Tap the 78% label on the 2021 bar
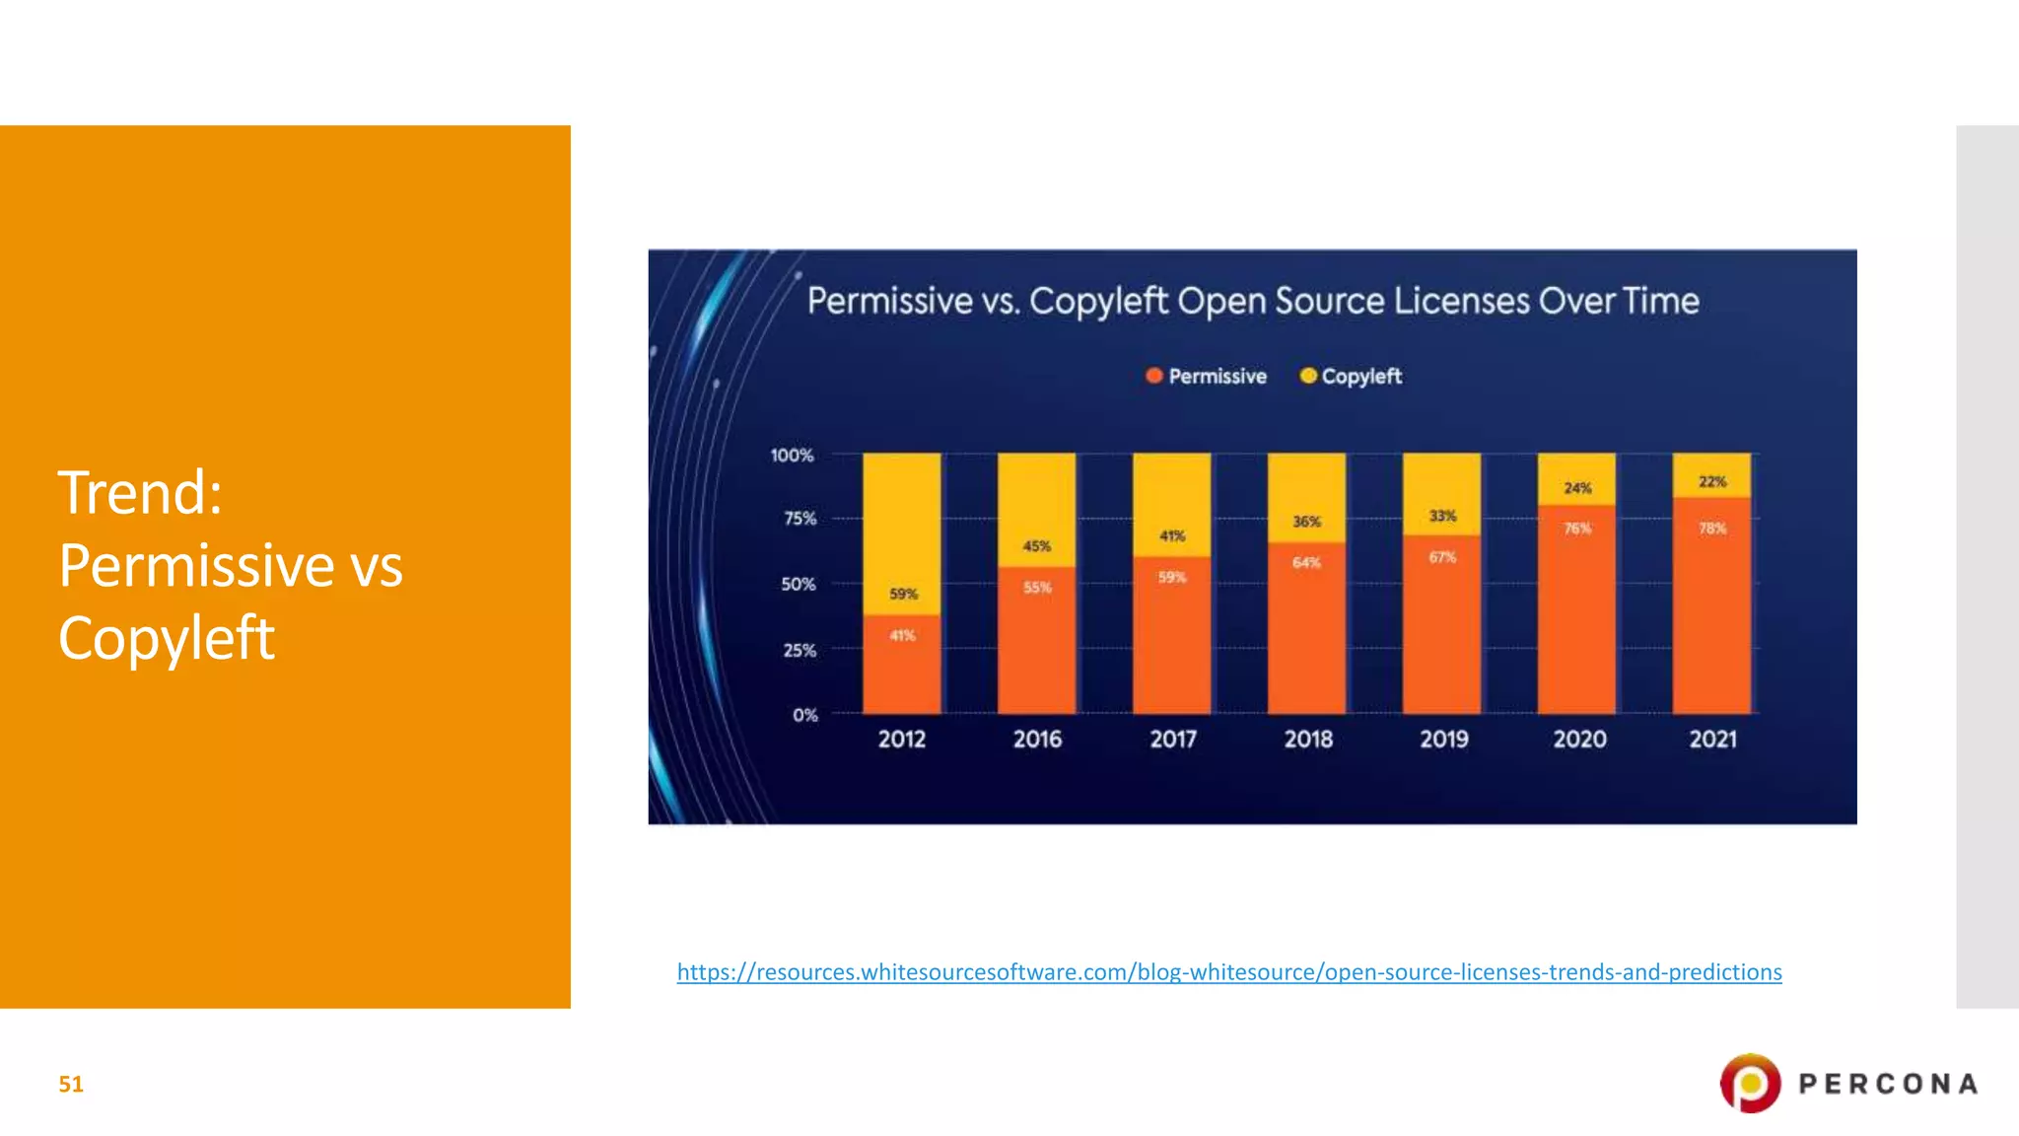pyautogui.click(x=1712, y=529)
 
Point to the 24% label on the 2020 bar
pyautogui.click(x=1577, y=488)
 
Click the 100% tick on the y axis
pyautogui.click(x=792, y=456)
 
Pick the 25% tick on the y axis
pyautogui.click(x=800, y=651)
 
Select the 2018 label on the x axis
pyautogui.click(x=1308, y=740)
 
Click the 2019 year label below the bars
pyautogui.click(x=1443, y=740)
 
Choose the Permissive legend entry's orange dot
pyautogui.click(x=1154, y=376)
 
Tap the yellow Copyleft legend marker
pyautogui.click(x=1308, y=376)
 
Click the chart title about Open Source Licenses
pyautogui.click(x=1253, y=301)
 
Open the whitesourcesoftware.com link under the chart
pyautogui.click(x=1228, y=972)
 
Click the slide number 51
pyautogui.click(x=71, y=1085)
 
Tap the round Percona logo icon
pyautogui.click(x=1750, y=1083)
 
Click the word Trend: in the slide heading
pyautogui.click(x=140, y=492)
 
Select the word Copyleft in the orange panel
pyautogui.click(x=166, y=638)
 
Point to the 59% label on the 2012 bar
pyautogui.click(x=903, y=594)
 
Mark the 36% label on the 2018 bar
pyautogui.click(x=1306, y=522)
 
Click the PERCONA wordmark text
pyautogui.click(x=1888, y=1085)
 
